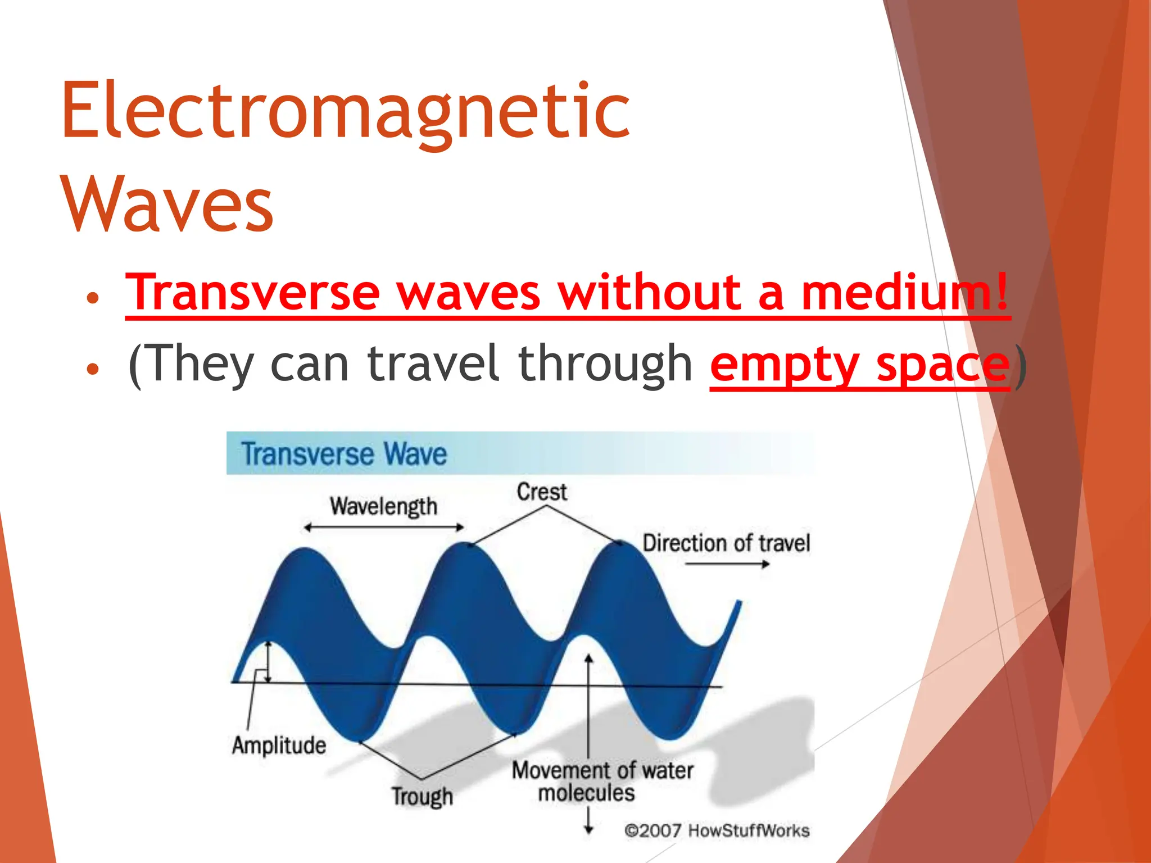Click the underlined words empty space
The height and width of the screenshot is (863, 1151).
click(860, 364)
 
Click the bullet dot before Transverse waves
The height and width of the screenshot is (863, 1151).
click(93, 297)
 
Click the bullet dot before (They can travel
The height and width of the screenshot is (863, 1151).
click(93, 369)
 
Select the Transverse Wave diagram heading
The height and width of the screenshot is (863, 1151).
click(344, 454)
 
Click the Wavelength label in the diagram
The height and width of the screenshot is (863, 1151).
click(383, 506)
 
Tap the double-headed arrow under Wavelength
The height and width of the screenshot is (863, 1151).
click(383, 528)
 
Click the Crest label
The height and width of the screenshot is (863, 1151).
click(542, 492)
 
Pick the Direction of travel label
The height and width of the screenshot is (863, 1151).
click(726, 543)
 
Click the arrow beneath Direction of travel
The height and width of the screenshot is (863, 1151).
click(727, 564)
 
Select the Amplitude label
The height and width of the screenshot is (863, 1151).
click(279, 746)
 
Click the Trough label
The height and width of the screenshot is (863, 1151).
click(422, 796)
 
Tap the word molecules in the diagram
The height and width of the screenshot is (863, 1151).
click(586, 793)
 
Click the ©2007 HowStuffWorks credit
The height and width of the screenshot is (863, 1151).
click(717, 830)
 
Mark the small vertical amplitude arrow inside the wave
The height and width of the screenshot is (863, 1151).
click(268, 661)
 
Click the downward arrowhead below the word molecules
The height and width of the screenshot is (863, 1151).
click(588, 829)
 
